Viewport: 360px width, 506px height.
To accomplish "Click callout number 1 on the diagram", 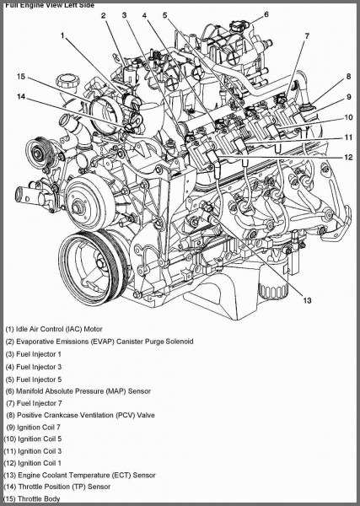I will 63,35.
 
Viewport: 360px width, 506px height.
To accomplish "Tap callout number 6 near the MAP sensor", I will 266,14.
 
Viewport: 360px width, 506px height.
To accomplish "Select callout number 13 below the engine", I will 307,301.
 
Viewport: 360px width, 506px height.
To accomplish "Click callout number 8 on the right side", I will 348,77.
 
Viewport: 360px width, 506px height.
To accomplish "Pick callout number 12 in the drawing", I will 348,157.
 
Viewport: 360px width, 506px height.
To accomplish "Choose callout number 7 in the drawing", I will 307,35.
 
